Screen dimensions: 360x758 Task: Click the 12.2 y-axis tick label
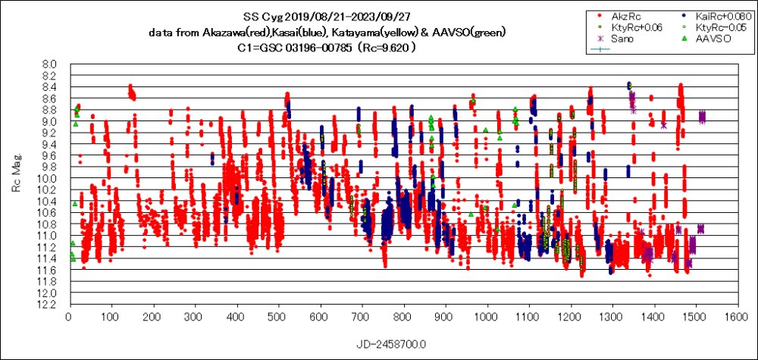(x=48, y=304)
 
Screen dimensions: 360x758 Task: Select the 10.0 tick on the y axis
(x=48, y=178)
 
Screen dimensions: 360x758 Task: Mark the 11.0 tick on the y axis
(x=48, y=236)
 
